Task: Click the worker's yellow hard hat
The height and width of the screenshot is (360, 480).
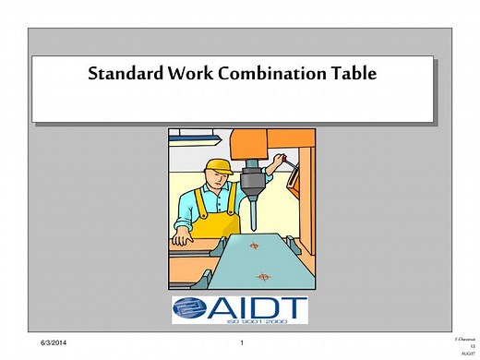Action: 218,166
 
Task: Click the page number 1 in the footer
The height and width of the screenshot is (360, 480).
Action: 240,343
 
